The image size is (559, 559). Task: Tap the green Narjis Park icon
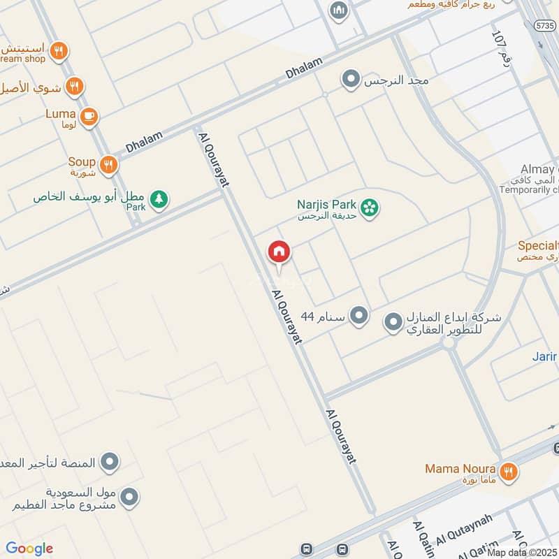(370, 207)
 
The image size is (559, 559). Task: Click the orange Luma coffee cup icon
(89, 117)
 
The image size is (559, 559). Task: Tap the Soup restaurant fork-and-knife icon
(108, 165)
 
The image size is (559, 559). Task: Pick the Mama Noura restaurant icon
(509, 472)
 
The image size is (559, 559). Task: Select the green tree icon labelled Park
(159, 199)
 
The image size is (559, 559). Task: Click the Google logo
(29, 549)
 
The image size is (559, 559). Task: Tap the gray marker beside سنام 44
(359, 316)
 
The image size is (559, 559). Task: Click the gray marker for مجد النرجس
(350, 80)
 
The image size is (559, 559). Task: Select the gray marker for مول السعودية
(129, 498)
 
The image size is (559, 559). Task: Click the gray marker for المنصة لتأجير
(109, 462)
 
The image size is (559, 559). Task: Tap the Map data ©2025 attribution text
(523, 552)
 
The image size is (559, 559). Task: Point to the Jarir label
(544, 356)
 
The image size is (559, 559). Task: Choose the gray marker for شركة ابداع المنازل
(393, 322)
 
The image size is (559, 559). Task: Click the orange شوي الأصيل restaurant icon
(75, 87)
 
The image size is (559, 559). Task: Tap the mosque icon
(339, 11)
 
